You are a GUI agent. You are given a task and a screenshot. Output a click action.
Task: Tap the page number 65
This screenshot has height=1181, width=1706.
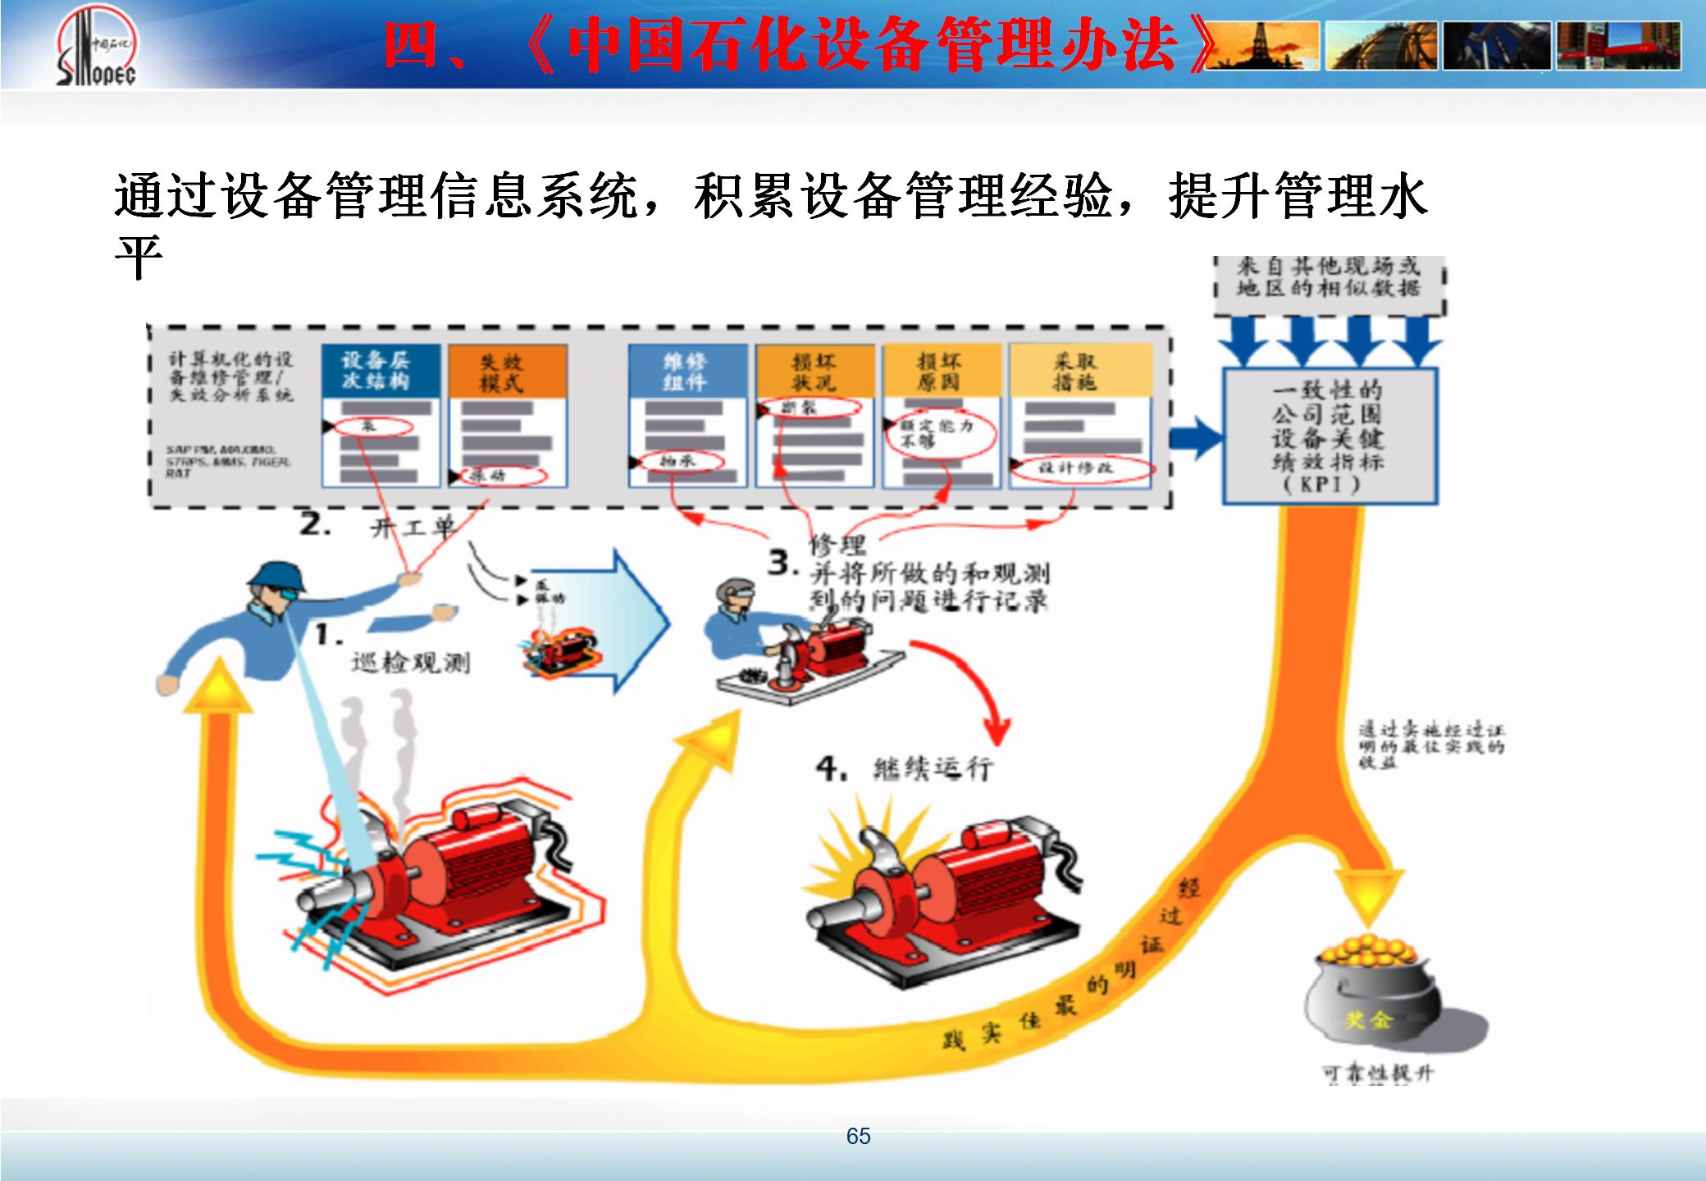pyautogui.click(x=858, y=1136)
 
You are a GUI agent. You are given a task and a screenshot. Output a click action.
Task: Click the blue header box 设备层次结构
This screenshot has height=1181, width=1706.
pyautogui.click(x=378, y=371)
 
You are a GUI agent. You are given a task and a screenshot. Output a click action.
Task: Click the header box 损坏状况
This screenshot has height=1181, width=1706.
pyautogui.click(x=814, y=372)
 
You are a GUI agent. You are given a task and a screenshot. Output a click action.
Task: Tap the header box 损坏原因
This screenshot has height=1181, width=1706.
pyautogui.click(x=940, y=372)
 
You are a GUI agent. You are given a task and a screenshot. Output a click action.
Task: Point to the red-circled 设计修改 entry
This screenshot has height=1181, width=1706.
pyautogui.click(x=1079, y=468)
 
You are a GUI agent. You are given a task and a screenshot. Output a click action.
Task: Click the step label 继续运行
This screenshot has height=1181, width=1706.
pyautogui.click(x=933, y=768)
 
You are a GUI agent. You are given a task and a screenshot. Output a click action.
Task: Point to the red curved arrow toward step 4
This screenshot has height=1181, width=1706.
pyautogui.click(x=976, y=689)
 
